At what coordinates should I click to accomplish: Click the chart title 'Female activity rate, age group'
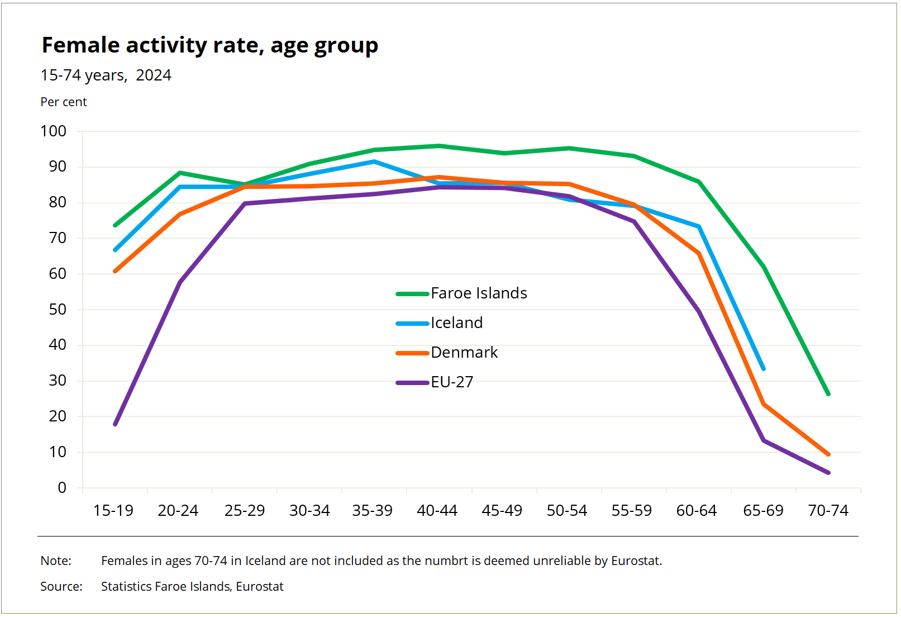(210, 46)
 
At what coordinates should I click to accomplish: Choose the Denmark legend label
(464, 353)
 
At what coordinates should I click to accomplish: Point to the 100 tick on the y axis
(54, 131)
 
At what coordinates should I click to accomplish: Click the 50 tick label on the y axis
(58, 310)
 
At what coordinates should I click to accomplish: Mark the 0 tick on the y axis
(62, 488)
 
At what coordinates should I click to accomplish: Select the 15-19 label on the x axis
(113, 511)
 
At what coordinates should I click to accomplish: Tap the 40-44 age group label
(437, 511)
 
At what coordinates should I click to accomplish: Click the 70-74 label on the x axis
(828, 511)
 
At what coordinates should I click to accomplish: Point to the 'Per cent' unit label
(64, 102)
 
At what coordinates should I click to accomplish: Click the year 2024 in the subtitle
(154, 75)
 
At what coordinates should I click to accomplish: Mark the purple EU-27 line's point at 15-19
(116, 424)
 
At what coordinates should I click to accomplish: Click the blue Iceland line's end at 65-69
(763, 368)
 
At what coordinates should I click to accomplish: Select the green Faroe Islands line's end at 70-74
(828, 394)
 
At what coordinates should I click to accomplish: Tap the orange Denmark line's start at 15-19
(116, 271)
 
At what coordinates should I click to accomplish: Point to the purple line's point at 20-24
(180, 282)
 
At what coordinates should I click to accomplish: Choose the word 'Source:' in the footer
(61, 587)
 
